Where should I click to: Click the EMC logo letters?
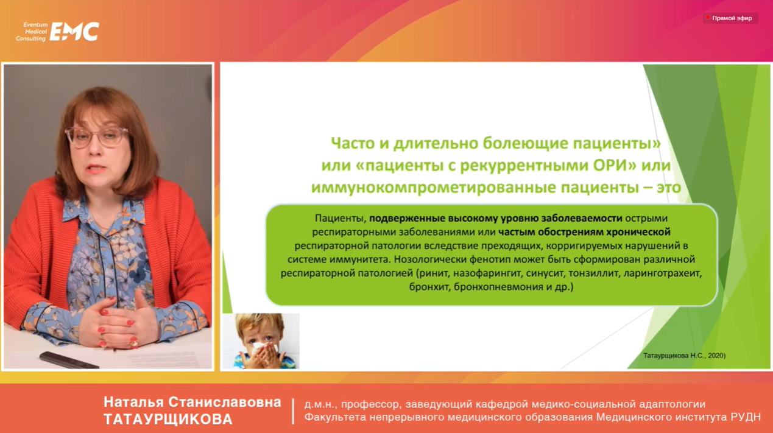pyautogui.click(x=74, y=32)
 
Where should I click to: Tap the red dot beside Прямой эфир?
pyautogui.click(x=707, y=17)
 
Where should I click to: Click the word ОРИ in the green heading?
pyautogui.click(x=615, y=165)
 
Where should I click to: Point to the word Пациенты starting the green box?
pyautogui.click(x=340, y=219)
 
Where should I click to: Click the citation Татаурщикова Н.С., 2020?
pyautogui.click(x=684, y=356)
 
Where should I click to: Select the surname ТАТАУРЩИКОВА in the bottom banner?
pyautogui.click(x=168, y=419)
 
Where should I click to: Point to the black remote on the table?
pyautogui.click(x=69, y=360)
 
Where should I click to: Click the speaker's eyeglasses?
pyautogui.click(x=97, y=136)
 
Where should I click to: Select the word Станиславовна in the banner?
pyautogui.click(x=225, y=403)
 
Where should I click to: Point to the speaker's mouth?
pyautogui.click(x=96, y=168)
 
